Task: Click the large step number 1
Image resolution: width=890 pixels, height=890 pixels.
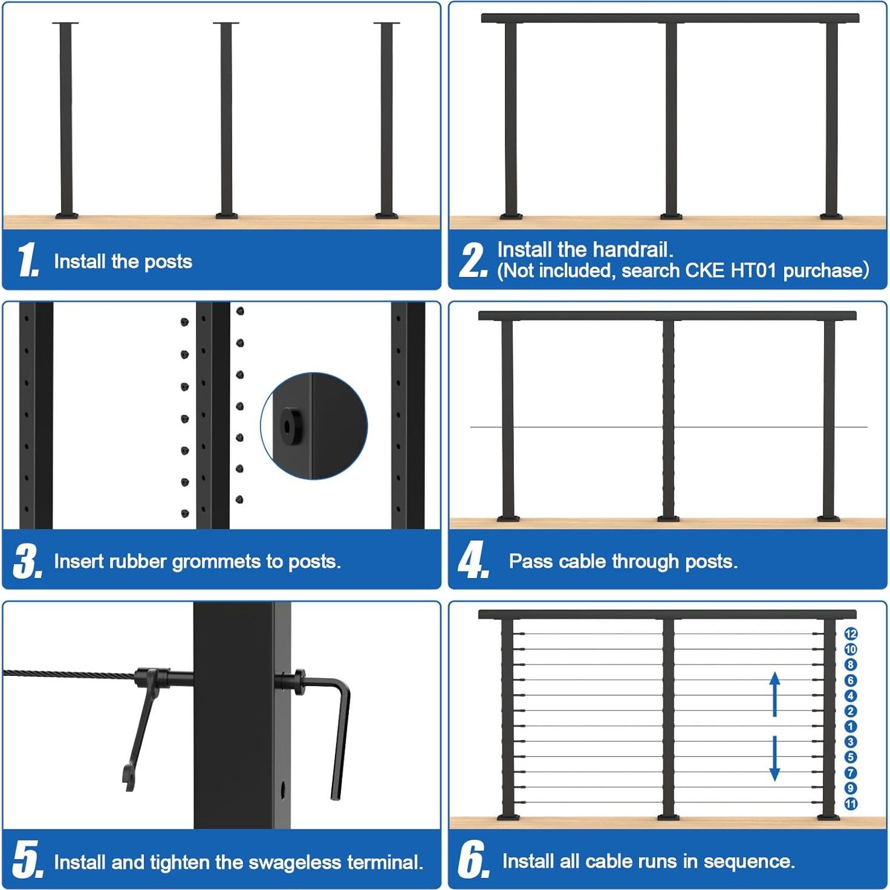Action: (x=27, y=260)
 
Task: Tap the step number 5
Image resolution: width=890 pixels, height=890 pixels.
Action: (x=27, y=859)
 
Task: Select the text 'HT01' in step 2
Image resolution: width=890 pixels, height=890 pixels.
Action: (x=753, y=270)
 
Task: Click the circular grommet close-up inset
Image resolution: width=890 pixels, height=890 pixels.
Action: (x=314, y=426)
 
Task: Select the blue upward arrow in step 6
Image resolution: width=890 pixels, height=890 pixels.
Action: (x=775, y=694)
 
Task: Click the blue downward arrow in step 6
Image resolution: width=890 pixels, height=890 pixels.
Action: (x=775, y=758)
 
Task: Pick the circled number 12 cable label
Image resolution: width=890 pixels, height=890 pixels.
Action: (x=851, y=634)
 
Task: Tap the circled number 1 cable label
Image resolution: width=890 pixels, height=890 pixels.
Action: (x=851, y=726)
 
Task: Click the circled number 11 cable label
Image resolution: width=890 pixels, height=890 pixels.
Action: (x=851, y=804)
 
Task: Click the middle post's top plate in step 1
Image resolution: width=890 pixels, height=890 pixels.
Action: (x=226, y=24)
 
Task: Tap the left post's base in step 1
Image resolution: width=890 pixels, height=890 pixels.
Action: (x=67, y=215)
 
